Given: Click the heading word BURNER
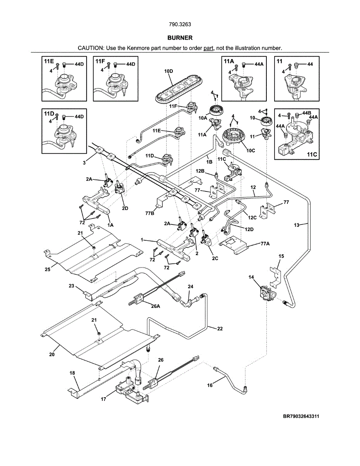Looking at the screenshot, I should point(180,38).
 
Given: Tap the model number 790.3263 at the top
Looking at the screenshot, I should point(180,24).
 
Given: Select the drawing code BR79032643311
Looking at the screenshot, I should point(301,416).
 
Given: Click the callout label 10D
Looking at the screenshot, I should point(169,71).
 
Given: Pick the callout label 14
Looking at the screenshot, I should point(251,277).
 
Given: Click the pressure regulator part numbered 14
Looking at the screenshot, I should point(266,292).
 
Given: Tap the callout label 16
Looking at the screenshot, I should point(210,386).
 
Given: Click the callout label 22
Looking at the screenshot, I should point(220,329).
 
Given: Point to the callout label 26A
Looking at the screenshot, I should point(155,306).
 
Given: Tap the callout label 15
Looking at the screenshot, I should point(281,256).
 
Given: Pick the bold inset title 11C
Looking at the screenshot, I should point(312,154).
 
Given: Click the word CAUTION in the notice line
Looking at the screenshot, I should point(90,48).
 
